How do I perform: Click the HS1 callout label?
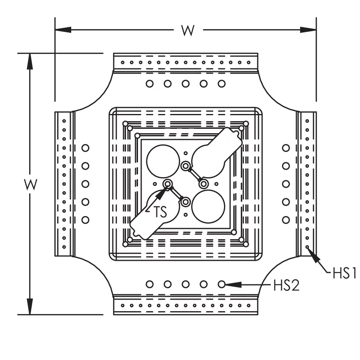tap(344, 274)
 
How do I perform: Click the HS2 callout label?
tap(286, 285)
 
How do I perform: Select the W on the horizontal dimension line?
tap(188, 30)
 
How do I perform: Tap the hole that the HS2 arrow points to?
tap(222, 284)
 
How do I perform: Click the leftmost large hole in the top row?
tap(150, 84)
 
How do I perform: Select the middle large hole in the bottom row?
tap(186, 284)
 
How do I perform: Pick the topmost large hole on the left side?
tap(85, 148)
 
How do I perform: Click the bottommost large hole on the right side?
tap(286, 220)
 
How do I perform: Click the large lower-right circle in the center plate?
tap(208, 204)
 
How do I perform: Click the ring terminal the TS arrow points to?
tap(168, 184)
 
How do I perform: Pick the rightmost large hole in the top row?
tap(222, 84)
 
